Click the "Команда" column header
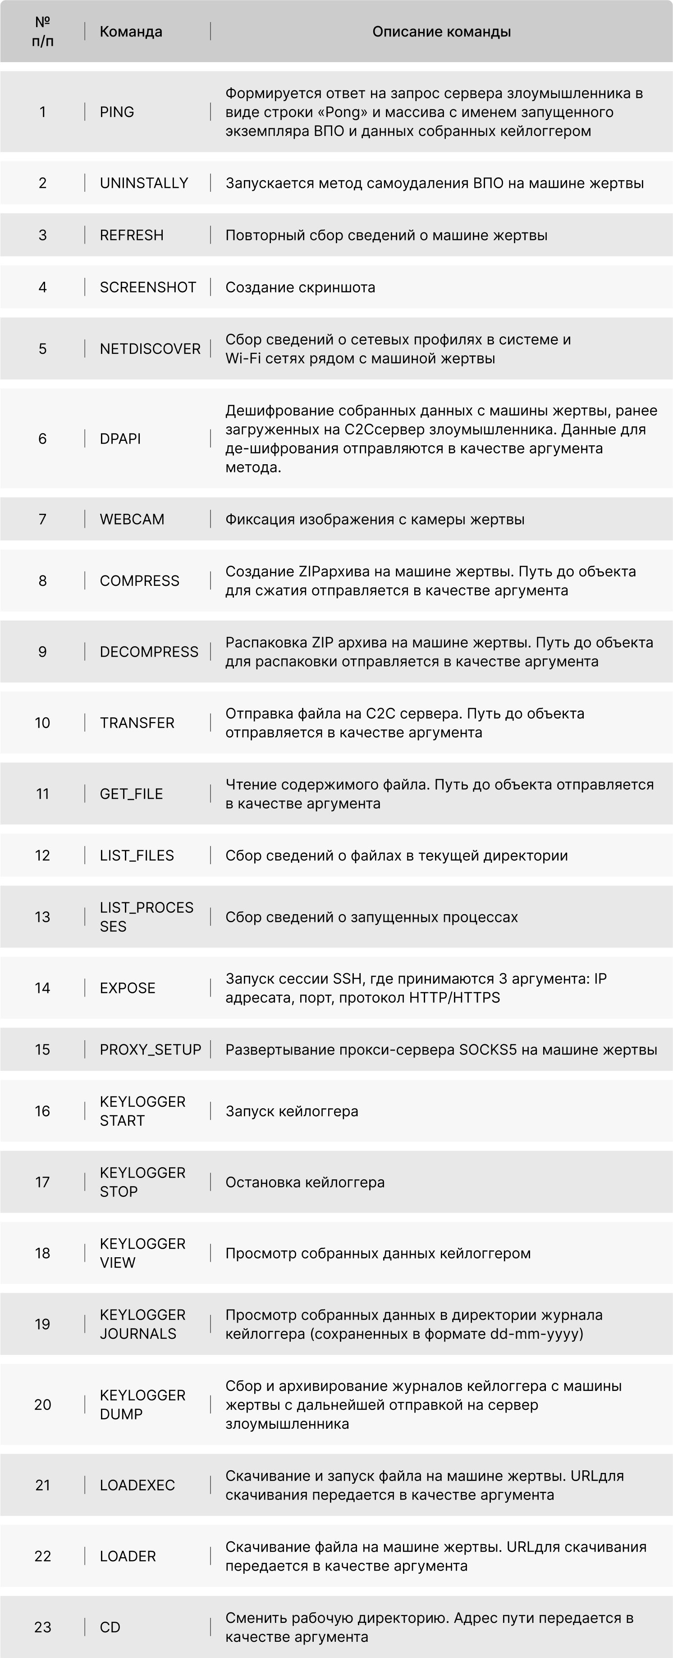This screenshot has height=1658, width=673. tap(131, 32)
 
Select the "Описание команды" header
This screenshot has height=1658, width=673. tap(441, 32)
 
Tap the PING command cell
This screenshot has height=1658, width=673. tap(117, 112)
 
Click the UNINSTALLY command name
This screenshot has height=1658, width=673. tap(144, 183)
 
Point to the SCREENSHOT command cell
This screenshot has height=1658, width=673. tap(147, 287)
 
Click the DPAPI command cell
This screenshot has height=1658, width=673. tap(120, 438)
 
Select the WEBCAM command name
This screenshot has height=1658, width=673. tap(132, 519)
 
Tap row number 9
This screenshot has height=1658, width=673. tap(42, 652)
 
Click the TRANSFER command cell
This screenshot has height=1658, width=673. tap(137, 723)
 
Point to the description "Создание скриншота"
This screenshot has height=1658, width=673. tap(300, 287)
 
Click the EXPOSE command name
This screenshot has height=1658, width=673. tap(128, 988)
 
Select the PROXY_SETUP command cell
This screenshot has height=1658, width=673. tap(150, 1050)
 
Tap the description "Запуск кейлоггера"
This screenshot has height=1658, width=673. tap(292, 1111)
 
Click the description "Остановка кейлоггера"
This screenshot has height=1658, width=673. tap(305, 1182)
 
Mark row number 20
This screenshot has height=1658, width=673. tap(42, 1404)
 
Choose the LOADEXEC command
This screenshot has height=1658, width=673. tap(137, 1485)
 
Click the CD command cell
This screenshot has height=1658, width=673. tap(110, 1627)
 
